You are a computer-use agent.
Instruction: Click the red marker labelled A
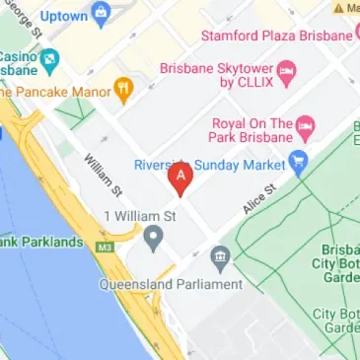point(180,178)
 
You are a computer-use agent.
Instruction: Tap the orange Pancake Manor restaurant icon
point(123,92)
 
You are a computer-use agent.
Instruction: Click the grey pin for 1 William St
point(153,237)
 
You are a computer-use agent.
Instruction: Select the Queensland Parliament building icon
point(220,259)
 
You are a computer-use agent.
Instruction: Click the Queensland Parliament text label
point(171,284)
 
